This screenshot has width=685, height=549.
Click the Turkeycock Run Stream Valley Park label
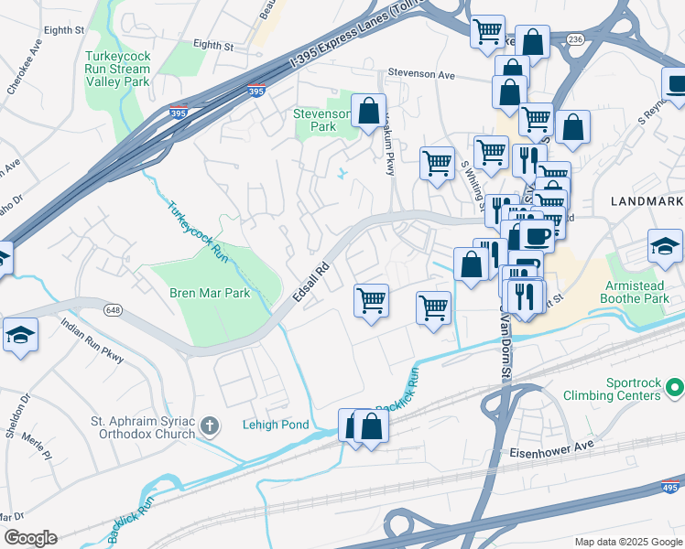[116, 69]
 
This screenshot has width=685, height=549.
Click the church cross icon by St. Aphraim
[210, 426]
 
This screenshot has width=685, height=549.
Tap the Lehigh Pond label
[277, 425]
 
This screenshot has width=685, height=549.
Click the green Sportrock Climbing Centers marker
[675, 389]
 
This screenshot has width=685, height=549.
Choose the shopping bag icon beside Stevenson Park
[368, 112]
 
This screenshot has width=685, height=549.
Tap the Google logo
[30, 538]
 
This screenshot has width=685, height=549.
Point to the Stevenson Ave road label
[420, 74]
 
